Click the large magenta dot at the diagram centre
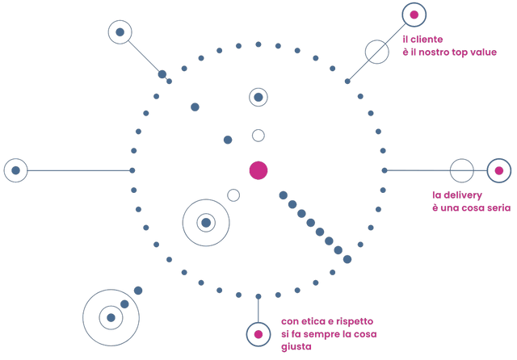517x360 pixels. pos(258,170)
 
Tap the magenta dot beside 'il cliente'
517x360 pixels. pos(414,15)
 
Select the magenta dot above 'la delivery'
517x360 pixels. pos(499,170)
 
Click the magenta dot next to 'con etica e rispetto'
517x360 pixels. pos(258,334)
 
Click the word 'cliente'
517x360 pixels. pos(427,40)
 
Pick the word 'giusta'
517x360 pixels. pos(296,347)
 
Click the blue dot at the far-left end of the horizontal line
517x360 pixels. pos(15,170)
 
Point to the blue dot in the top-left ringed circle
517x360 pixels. pos(120,32)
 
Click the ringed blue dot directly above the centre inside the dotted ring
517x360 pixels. pos(258,97)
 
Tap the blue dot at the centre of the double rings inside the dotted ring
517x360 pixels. pos(206,223)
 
